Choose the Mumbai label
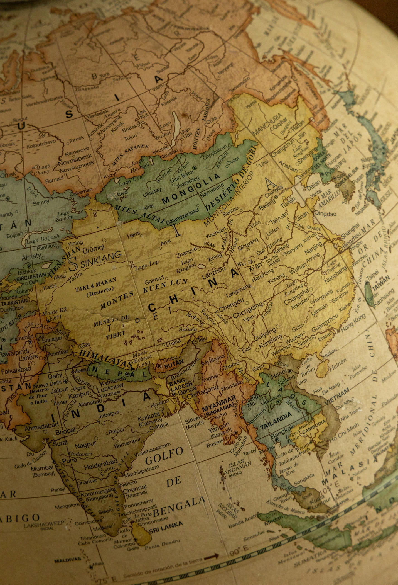click(x=42, y=468)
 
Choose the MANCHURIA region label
click(x=267, y=124)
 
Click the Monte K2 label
click(x=55, y=311)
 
